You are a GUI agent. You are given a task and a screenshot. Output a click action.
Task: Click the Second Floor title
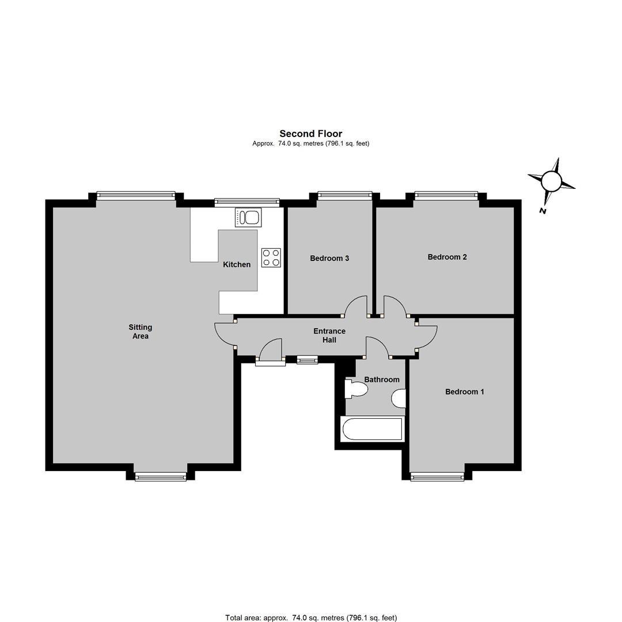point(310,134)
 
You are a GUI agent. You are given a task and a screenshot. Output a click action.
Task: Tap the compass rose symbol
point(551,181)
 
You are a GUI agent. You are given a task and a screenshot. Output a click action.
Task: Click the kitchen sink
point(248,217)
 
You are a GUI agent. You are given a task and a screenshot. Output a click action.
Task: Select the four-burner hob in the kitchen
point(271,257)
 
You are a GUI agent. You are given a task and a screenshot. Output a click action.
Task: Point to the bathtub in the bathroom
point(372,429)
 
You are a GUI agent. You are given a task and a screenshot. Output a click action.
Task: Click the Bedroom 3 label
point(329,259)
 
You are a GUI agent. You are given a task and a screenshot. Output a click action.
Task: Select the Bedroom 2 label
point(447,257)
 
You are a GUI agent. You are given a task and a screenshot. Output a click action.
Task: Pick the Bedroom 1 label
point(464,392)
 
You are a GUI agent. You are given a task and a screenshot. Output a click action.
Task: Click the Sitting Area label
point(141,332)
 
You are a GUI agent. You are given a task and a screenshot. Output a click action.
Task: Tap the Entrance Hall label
point(329,335)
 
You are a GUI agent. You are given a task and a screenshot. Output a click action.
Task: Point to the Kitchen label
point(237,264)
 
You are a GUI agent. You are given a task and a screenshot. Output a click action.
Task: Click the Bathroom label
point(381,380)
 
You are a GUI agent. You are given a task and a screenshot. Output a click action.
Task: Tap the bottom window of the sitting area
point(160,476)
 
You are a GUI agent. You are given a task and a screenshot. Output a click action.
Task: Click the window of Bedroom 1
point(437,476)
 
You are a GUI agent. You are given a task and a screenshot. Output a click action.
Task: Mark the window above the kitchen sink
point(246,202)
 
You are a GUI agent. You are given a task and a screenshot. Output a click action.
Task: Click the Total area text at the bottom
point(310,617)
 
